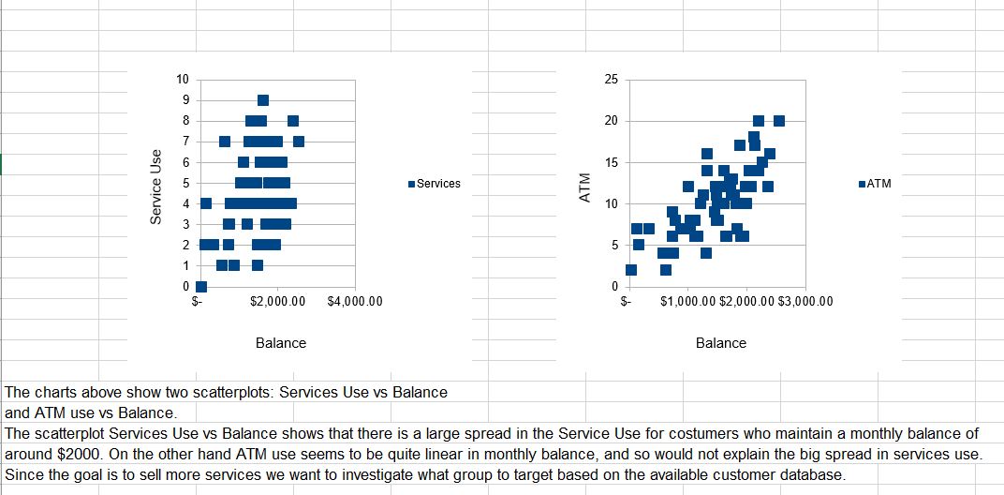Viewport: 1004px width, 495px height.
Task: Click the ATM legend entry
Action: [878, 184]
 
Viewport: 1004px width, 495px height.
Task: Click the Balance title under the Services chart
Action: [281, 343]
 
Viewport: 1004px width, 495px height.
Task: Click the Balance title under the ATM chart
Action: [721, 343]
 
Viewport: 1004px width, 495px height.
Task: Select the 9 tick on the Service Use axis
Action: [185, 100]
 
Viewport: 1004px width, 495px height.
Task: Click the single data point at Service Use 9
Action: [263, 100]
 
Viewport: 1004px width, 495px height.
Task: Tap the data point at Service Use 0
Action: [201, 286]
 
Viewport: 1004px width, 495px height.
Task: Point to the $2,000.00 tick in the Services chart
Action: [279, 302]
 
